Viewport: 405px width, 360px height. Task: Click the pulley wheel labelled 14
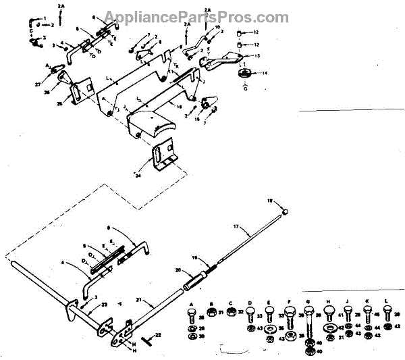[x=244, y=74]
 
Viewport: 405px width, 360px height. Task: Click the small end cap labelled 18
[x=286, y=211]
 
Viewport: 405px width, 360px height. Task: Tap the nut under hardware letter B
[x=210, y=312]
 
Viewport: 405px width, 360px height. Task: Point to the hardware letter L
[x=386, y=303]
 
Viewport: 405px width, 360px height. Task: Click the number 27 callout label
[x=37, y=84]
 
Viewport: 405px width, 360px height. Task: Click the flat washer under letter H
[x=329, y=328]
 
